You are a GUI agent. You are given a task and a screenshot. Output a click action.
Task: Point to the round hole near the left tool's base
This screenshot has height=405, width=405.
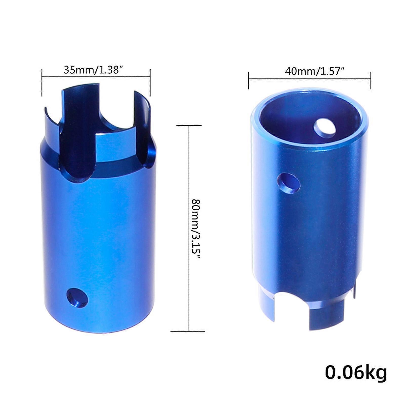(77, 298)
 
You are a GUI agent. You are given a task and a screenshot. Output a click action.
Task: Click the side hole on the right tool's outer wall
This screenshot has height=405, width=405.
(289, 183)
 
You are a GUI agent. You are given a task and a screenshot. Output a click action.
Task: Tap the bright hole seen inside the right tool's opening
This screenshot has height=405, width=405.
(325, 128)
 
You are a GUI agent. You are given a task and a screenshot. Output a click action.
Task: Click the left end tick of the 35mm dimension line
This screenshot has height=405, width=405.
(42, 82)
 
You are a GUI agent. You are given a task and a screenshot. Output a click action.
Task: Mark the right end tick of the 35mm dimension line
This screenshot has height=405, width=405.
(150, 82)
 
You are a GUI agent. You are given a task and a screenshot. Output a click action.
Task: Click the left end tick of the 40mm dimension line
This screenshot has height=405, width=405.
(249, 80)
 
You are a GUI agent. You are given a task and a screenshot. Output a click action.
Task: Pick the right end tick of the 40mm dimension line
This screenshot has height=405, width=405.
(371, 80)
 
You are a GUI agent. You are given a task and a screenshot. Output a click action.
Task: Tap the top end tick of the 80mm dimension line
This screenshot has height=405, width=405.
(189, 126)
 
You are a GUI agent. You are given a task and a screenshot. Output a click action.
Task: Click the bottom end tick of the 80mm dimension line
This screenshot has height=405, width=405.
(189, 331)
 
